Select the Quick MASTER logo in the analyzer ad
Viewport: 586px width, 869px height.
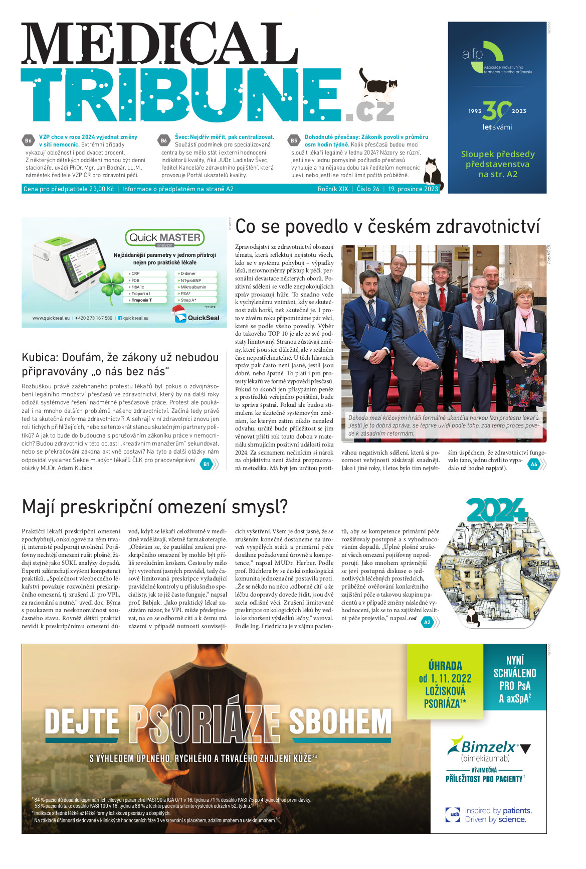[x=164, y=238]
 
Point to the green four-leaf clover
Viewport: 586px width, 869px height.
[x=111, y=284]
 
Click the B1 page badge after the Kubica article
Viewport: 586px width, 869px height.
[x=206, y=465]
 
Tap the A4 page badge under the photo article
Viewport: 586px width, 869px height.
[x=534, y=465]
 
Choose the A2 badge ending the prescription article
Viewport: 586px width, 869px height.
[x=427, y=622]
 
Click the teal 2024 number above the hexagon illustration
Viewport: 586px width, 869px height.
[x=496, y=510]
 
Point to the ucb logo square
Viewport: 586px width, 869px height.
[x=453, y=814]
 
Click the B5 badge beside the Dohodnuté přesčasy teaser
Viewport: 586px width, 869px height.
[x=294, y=140]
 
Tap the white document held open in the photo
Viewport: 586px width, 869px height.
[x=482, y=343]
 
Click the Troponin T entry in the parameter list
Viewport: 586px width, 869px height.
[x=142, y=300]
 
